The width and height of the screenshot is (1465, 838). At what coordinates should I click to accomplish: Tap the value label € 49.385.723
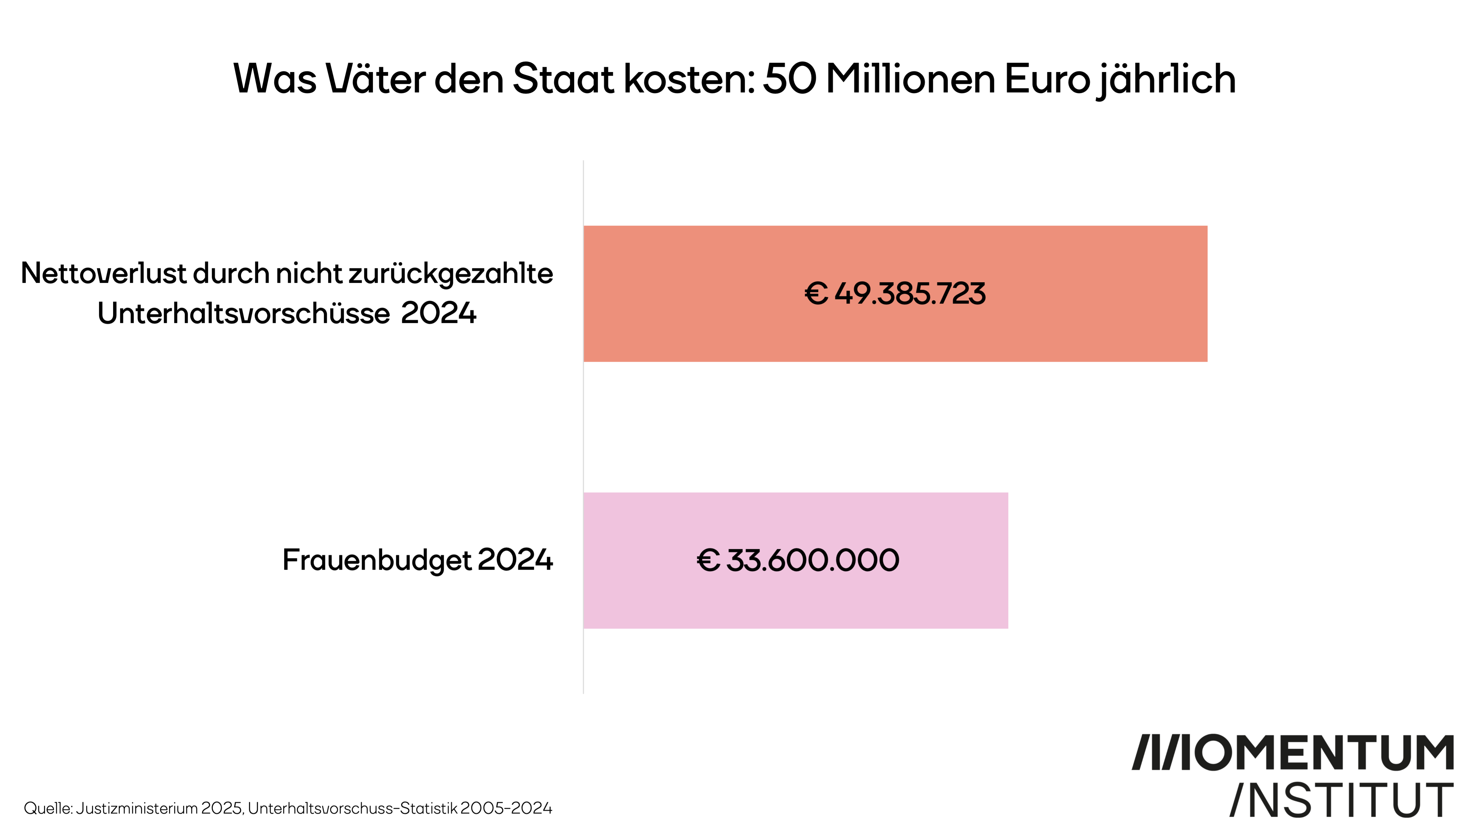click(895, 293)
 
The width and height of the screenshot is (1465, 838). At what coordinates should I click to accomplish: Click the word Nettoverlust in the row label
click(104, 273)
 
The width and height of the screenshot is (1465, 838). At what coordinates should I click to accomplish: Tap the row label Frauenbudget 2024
click(417, 560)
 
